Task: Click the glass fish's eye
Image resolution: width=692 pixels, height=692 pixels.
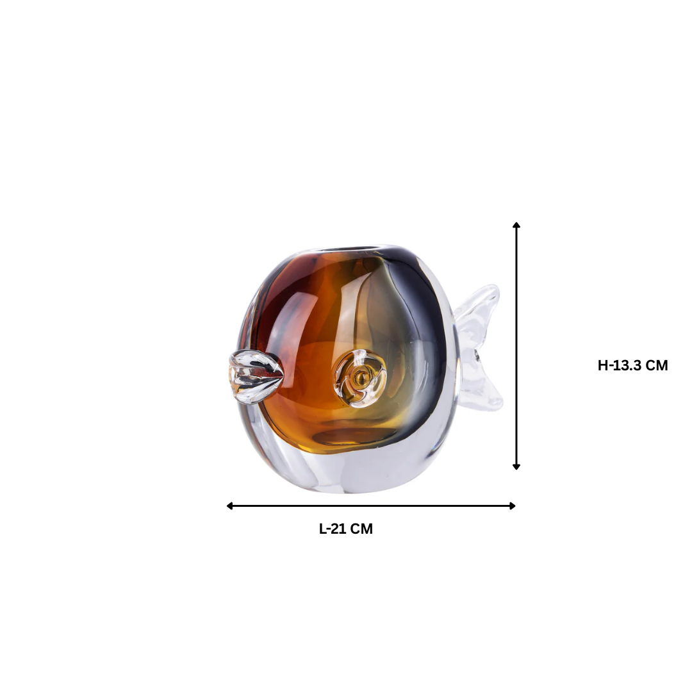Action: tap(359, 378)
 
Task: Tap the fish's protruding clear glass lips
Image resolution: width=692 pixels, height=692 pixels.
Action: tap(255, 377)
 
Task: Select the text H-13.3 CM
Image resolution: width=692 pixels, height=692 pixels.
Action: tap(633, 365)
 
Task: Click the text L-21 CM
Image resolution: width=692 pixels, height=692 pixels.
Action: tap(346, 529)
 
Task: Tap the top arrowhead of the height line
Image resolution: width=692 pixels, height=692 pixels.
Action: tap(516, 225)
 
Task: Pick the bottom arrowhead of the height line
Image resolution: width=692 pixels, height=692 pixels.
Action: tap(516, 466)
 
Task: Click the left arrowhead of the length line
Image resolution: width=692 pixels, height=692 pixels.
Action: tap(229, 506)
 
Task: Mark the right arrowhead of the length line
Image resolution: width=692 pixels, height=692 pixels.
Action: tap(513, 506)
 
